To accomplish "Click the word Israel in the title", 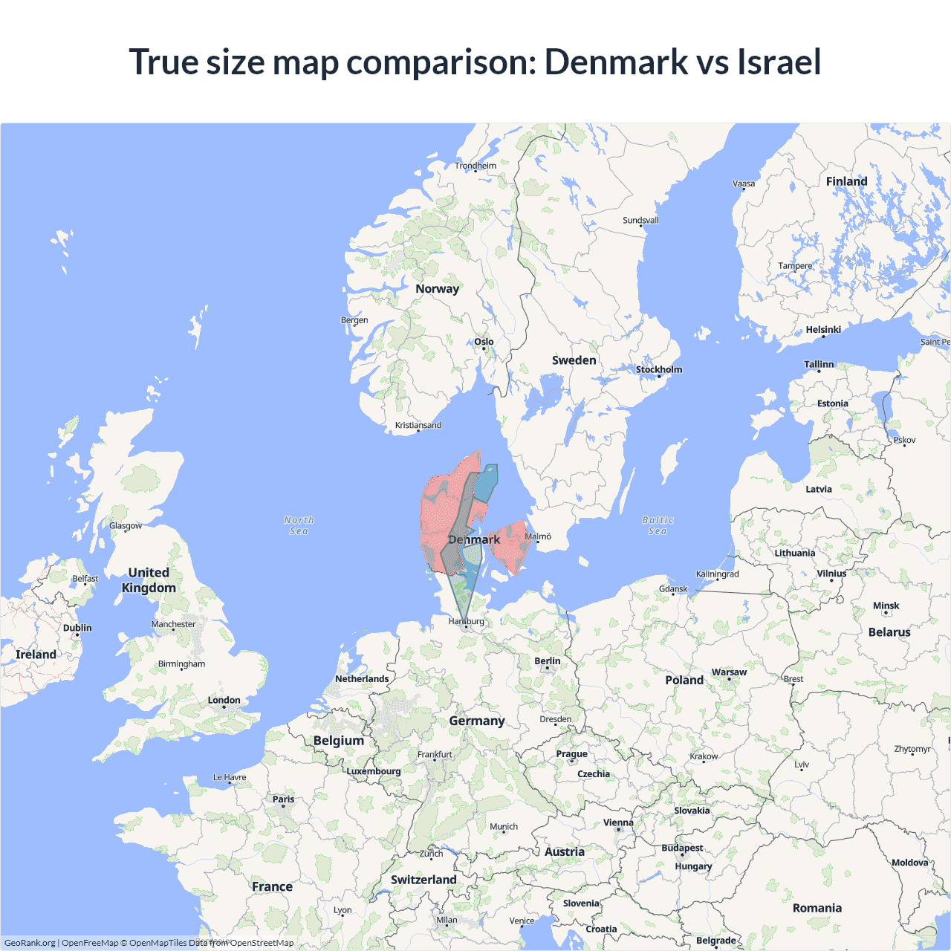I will [779, 62].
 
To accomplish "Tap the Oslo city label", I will [484, 342].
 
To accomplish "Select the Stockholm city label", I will [658, 369].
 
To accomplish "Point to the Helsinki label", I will [823, 330].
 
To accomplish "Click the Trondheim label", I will [475, 166].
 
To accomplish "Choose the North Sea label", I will [299, 525].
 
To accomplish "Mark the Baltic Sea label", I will [658, 525].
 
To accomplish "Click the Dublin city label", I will [77, 628].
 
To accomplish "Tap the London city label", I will [224, 700].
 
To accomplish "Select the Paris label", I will [283, 799].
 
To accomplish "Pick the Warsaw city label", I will [729, 672].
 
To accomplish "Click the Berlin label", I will [548, 661].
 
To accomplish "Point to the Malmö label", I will [538, 536].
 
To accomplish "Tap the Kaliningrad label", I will [717, 574].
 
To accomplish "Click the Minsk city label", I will [886, 606].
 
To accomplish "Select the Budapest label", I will [682, 848].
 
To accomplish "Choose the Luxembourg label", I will [373, 771].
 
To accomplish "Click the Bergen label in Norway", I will [354, 320].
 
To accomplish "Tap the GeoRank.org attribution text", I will [30, 943].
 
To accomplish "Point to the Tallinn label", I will [819, 365].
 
